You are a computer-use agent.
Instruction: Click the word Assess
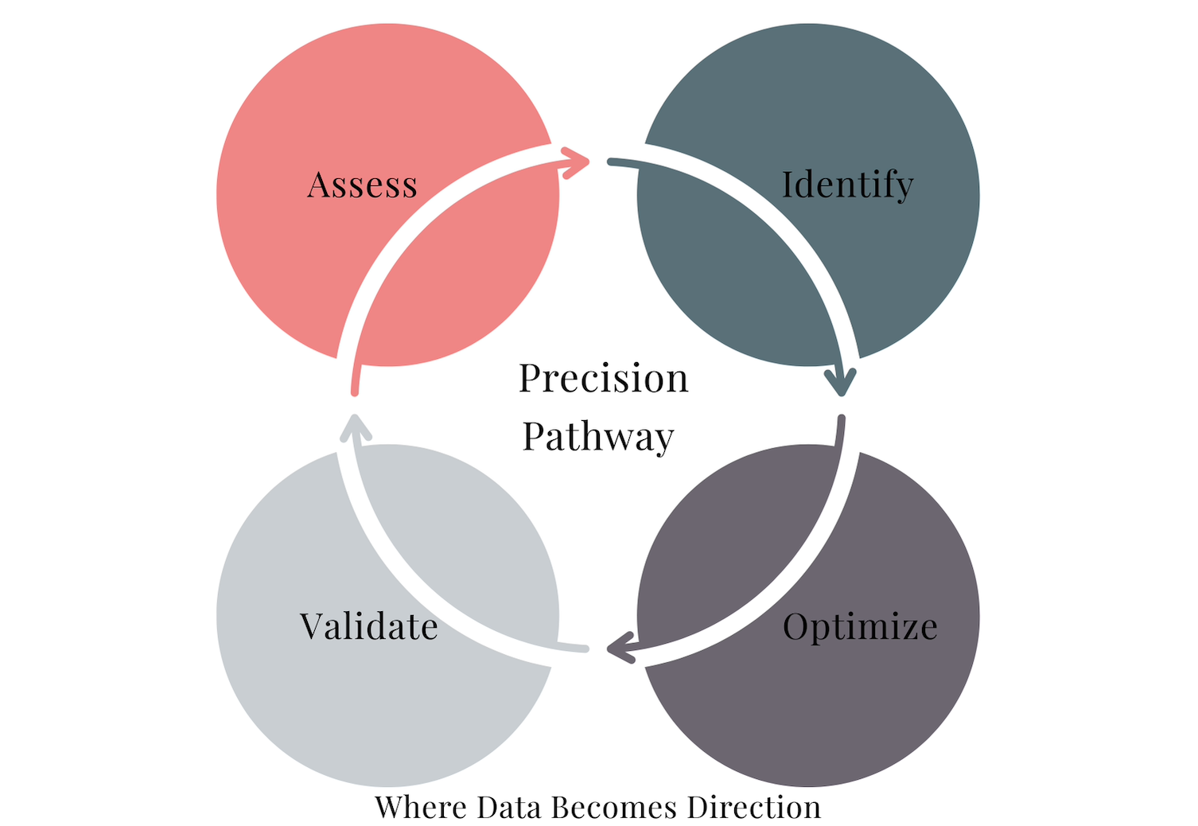[362, 185]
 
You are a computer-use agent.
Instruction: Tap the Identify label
[847, 185]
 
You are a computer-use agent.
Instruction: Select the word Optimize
[860, 627]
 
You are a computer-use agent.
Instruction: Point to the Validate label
[368, 626]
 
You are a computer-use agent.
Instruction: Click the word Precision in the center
[603, 378]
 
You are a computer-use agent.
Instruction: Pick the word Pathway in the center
[598, 437]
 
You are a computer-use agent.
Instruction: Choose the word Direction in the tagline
[754, 807]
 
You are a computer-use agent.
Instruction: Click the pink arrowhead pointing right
[576, 162]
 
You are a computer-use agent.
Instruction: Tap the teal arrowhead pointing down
[840, 381]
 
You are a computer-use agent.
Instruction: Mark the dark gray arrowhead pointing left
[620, 649]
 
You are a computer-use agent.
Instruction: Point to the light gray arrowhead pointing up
[355, 427]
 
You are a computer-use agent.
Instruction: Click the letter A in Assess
[320, 185]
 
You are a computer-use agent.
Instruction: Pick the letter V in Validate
[313, 626]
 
